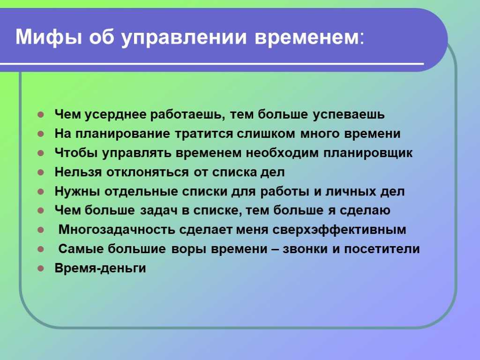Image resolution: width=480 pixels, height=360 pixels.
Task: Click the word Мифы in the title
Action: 49,37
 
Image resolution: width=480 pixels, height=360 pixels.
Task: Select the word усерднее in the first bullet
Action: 115,114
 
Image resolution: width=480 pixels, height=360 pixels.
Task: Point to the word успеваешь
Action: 349,114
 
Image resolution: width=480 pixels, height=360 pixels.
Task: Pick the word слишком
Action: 266,134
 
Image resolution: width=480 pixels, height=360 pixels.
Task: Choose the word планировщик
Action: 368,153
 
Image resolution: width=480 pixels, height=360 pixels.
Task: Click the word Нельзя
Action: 78,172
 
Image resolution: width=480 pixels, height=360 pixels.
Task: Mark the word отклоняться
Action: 148,172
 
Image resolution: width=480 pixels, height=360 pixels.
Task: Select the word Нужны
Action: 77,191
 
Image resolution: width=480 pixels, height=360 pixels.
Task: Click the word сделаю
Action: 365,210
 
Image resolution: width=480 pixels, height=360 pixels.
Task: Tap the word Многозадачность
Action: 117,230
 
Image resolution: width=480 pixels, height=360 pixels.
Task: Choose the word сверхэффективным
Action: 339,230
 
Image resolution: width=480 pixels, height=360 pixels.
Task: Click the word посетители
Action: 382,249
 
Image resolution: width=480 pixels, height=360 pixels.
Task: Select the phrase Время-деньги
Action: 100,268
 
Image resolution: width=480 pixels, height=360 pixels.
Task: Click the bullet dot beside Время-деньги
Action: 41,269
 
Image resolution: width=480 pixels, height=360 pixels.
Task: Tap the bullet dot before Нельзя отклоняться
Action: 41,172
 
